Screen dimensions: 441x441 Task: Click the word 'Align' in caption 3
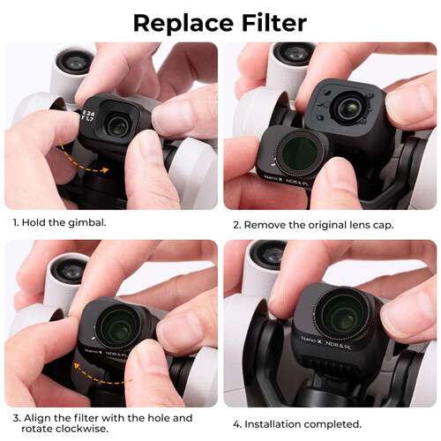(x=38, y=417)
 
